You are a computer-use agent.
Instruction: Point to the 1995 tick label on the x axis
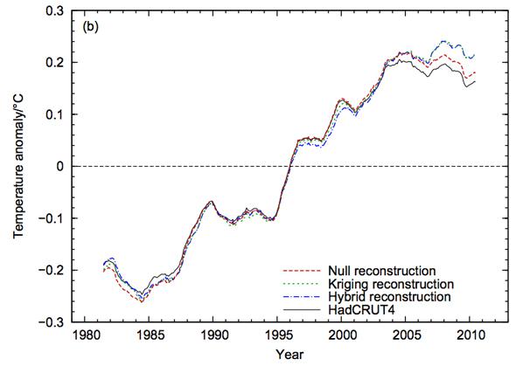point(278,335)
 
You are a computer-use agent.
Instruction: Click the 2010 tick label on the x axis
point(471,335)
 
